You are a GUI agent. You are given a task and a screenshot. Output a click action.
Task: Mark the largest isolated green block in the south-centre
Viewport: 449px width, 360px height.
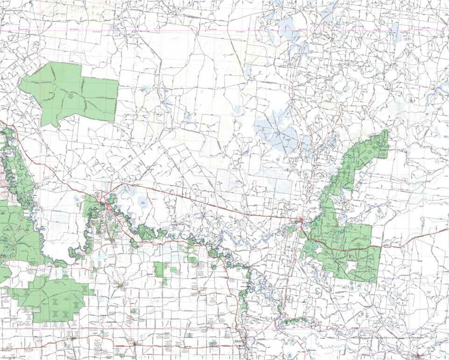coord(161,270)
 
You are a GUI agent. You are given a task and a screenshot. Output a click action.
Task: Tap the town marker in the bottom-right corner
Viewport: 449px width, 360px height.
coord(417,355)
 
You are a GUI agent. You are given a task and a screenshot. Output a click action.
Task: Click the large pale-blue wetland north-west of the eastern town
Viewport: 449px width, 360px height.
coord(276,133)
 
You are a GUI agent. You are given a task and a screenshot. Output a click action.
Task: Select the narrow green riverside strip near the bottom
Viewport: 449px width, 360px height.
coord(294,321)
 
